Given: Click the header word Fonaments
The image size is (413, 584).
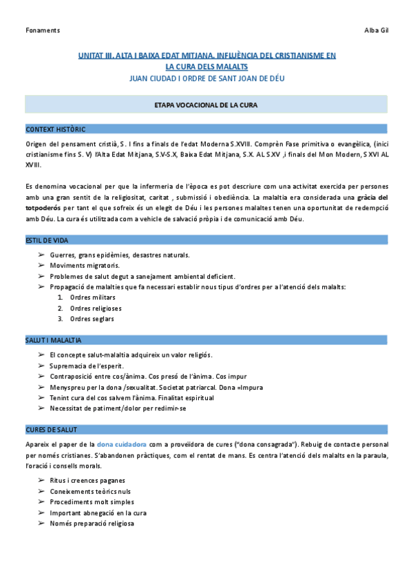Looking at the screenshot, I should point(42,30).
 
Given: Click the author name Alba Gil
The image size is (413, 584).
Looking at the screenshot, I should point(376,30).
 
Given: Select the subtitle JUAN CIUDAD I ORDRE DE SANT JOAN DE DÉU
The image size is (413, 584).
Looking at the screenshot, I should point(206,78).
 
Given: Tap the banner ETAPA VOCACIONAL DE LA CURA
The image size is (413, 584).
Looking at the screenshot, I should point(206,105).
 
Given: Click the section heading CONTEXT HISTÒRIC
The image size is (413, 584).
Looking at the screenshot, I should point(55,129).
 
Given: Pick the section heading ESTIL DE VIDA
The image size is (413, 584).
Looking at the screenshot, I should point(46,240).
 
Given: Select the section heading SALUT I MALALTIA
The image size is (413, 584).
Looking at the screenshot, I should point(54,340).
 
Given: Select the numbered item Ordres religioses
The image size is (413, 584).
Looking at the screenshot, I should point(96,308).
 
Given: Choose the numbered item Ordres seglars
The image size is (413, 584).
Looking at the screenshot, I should point(92,319).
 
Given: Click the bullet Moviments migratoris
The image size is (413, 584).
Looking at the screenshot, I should point(85,265).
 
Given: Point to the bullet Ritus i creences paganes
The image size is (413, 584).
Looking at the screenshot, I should point(87,481).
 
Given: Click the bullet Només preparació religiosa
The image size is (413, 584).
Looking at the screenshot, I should point(92,523).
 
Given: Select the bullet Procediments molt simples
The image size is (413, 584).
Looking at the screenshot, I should point(91,502).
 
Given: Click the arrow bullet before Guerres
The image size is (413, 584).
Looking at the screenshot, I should point(41,255).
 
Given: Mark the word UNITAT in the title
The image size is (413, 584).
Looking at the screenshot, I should point(93,54).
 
